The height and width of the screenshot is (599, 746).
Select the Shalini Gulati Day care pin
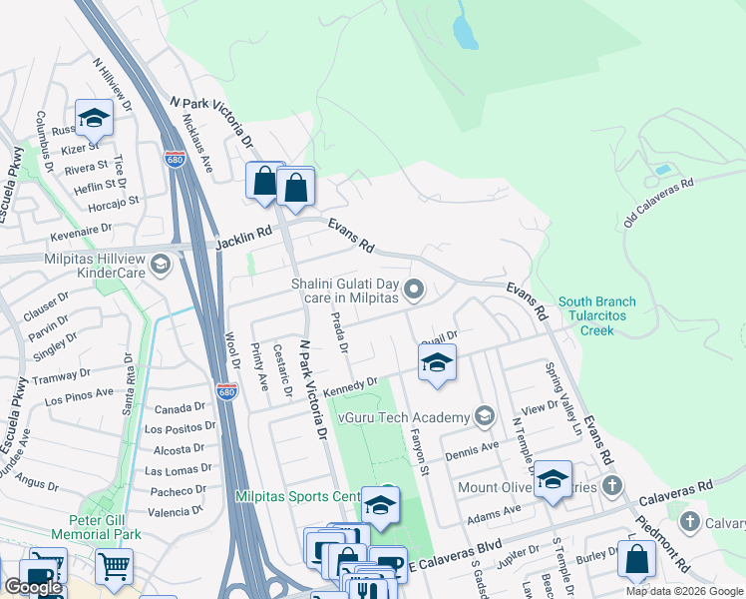(x=415, y=291)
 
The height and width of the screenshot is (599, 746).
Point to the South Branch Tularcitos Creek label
(x=597, y=315)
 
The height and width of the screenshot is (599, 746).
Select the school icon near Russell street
(x=94, y=119)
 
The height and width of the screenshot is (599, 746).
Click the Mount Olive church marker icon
(x=612, y=486)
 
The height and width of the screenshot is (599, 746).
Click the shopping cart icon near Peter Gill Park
(x=114, y=567)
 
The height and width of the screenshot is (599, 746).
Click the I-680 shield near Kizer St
(x=175, y=158)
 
